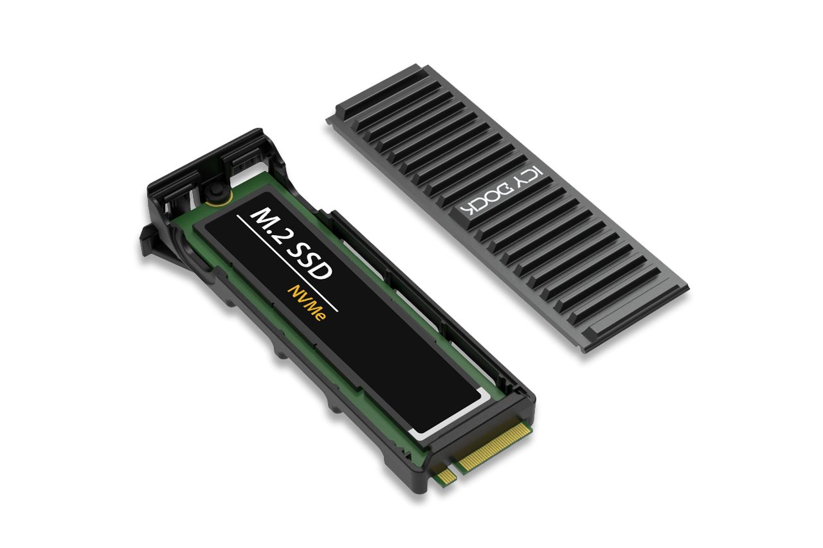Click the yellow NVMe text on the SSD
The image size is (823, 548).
point(306,305)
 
